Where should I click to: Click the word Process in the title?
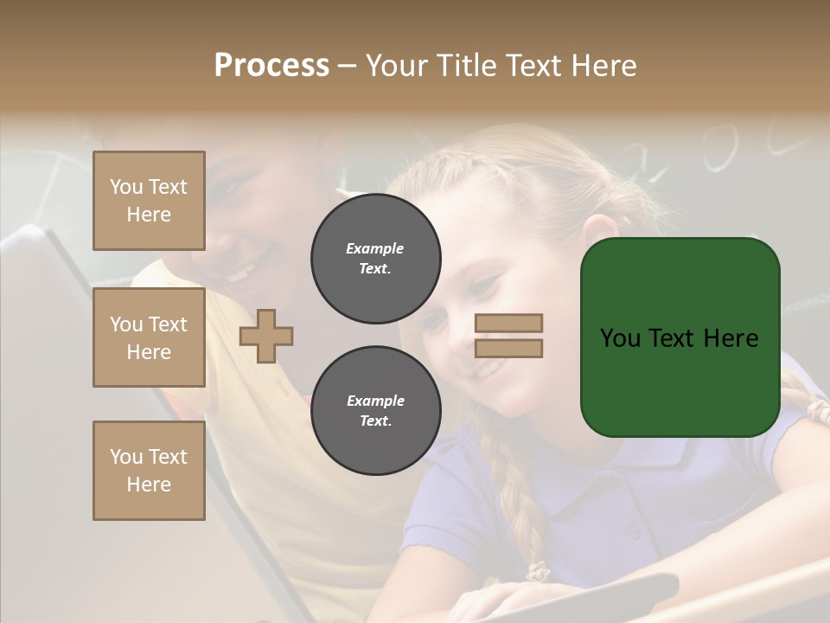[x=271, y=66]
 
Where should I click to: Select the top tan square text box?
[x=149, y=201]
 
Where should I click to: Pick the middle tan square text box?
[x=149, y=337]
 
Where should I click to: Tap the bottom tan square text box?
[x=149, y=470]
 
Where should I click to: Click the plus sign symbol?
[x=266, y=337]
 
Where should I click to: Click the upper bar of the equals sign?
[x=509, y=323]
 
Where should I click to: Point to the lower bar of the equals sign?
[x=509, y=348]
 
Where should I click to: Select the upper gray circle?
[x=375, y=259]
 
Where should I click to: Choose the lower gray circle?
[x=375, y=411]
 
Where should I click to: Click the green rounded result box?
[x=680, y=337]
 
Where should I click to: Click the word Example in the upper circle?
[x=374, y=248]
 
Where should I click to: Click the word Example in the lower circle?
[x=374, y=401]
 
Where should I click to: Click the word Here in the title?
[x=603, y=66]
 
